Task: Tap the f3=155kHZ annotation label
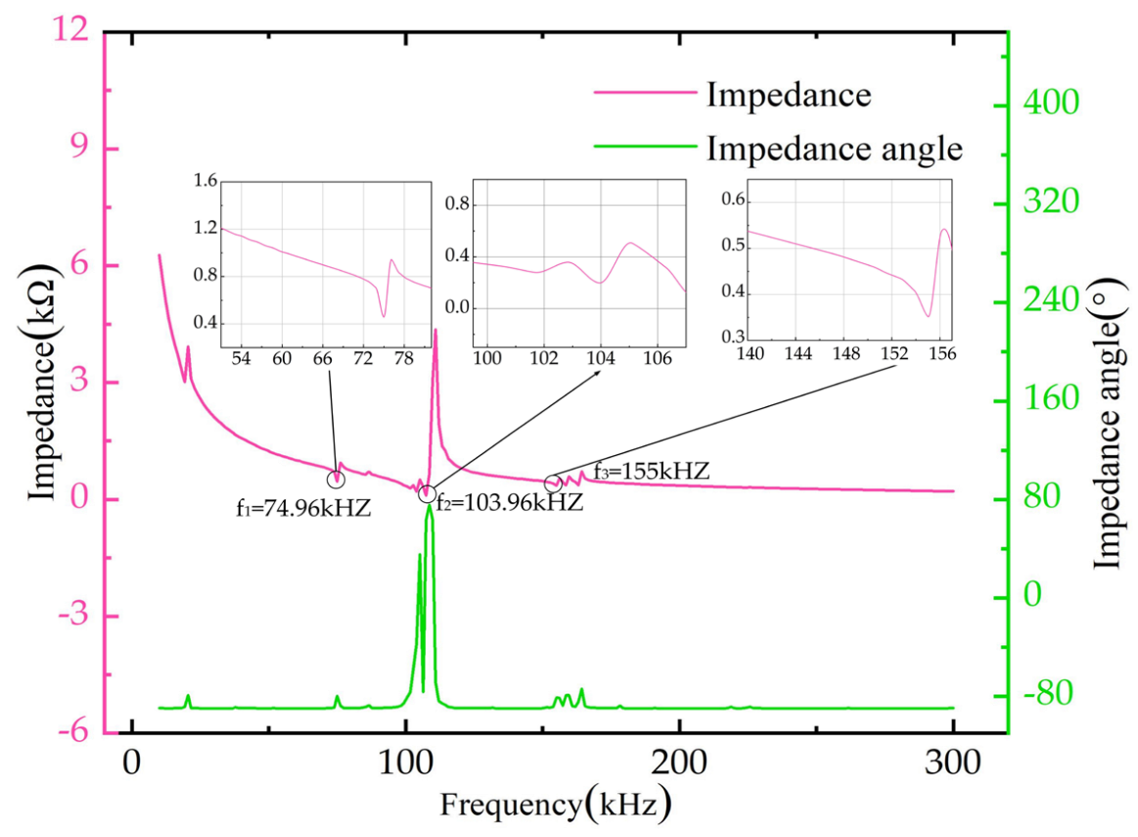tap(651, 471)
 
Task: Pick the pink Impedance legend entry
tap(788, 95)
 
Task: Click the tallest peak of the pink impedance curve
tap(435, 331)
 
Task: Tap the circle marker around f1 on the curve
tap(337, 480)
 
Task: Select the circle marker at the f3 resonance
tap(554, 485)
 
